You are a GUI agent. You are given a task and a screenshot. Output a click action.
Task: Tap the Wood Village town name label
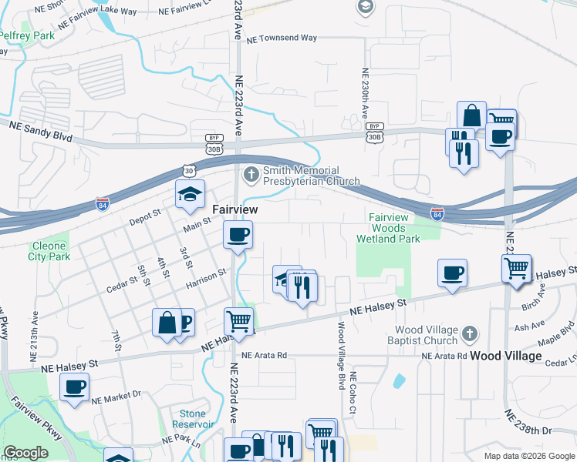(505, 357)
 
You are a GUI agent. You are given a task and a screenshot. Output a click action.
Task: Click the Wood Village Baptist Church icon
(470, 335)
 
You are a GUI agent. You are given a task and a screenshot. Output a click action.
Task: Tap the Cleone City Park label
(49, 252)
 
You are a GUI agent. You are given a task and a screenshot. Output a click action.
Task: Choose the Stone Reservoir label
(192, 419)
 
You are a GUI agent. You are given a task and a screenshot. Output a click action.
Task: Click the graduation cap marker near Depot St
(188, 196)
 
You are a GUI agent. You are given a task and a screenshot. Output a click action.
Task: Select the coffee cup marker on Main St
(238, 233)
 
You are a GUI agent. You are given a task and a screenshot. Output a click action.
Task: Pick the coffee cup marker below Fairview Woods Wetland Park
(452, 273)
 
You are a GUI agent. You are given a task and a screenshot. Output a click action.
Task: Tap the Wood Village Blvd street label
(339, 354)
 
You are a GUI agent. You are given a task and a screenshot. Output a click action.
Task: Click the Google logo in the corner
(25, 453)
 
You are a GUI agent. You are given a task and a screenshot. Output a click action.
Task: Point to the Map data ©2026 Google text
(528, 456)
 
